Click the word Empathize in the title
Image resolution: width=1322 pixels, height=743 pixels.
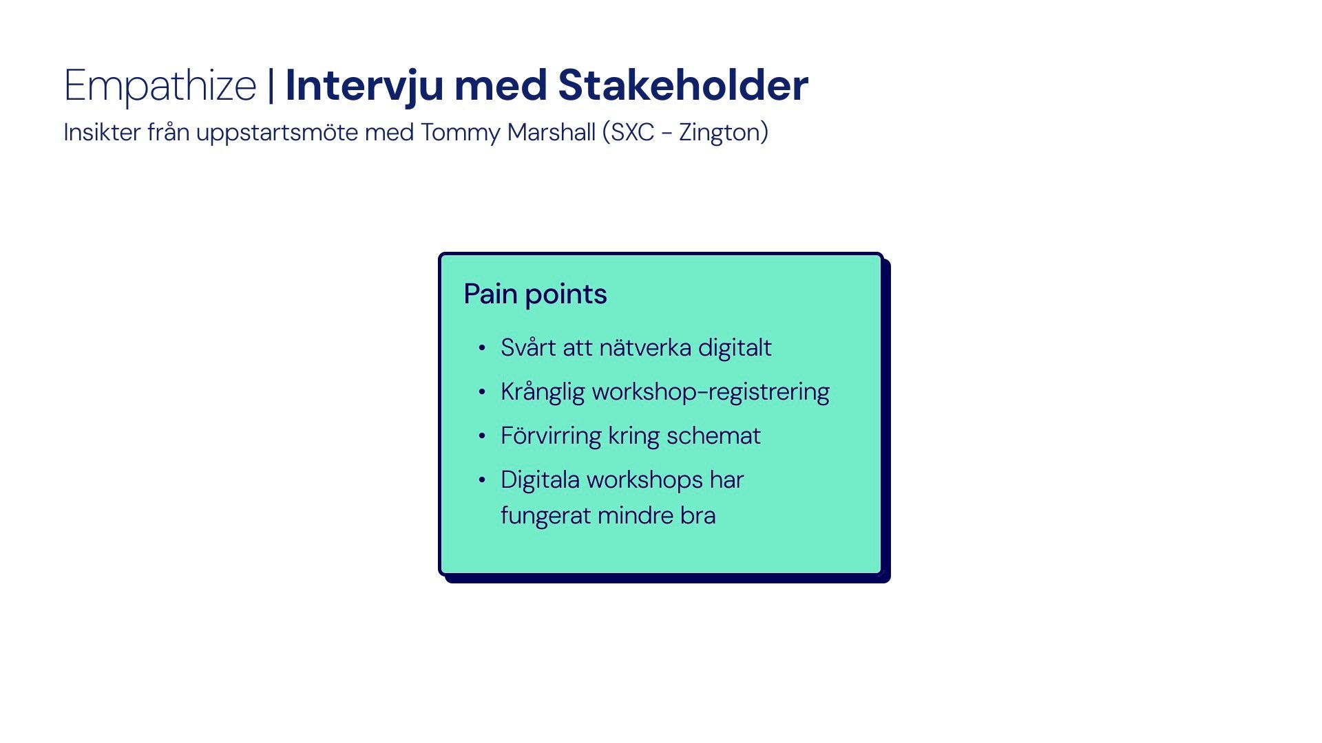click(160, 87)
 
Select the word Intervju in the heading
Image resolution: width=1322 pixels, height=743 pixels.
click(364, 87)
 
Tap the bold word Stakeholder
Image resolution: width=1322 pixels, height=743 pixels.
click(683, 85)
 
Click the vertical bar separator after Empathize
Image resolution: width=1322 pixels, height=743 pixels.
click(271, 85)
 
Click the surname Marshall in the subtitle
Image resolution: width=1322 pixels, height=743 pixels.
click(551, 131)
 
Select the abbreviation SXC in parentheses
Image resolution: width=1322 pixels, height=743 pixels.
click(632, 132)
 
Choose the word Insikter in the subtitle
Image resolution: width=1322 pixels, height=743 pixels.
click(102, 131)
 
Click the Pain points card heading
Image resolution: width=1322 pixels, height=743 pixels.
click(535, 294)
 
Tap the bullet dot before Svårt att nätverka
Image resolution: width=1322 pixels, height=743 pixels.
click(482, 348)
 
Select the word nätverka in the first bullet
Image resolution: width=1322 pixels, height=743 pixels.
click(645, 347)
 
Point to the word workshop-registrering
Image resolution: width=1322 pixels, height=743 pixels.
click(711, 392)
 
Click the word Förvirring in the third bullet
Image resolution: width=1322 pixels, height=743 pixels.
click(551, 436)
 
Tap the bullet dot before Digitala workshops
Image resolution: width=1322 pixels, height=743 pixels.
click(482, 480)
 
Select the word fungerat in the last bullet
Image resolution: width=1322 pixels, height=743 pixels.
click(545, 516)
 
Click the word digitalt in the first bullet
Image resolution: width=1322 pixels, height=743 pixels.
click(735, 348)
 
